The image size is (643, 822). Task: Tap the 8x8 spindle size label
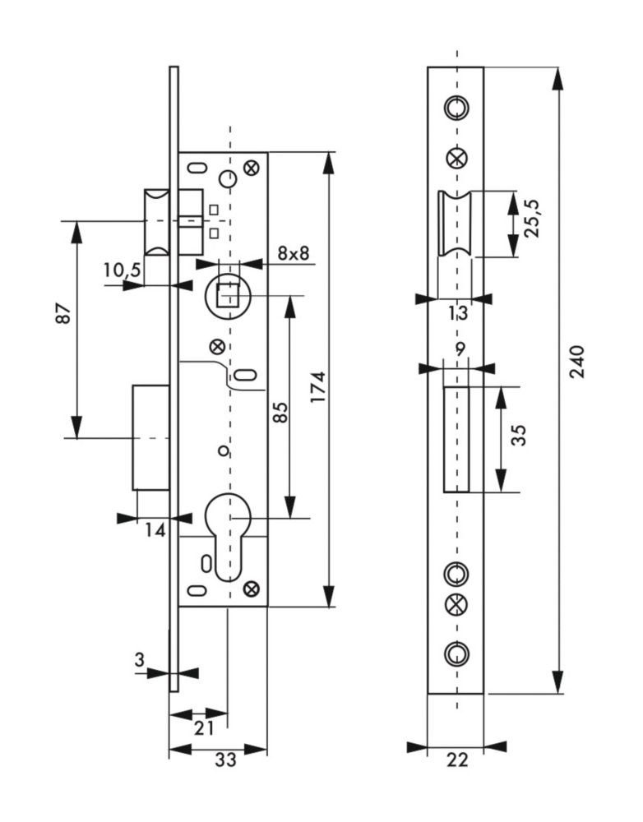point(294,253)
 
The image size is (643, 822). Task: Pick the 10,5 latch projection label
point(123,270)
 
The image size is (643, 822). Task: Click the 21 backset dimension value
point(203,727)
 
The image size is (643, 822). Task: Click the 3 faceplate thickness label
point(139,659)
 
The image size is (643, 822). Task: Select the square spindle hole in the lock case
point(229,293)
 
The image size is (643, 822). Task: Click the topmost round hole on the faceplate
point(456,107)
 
